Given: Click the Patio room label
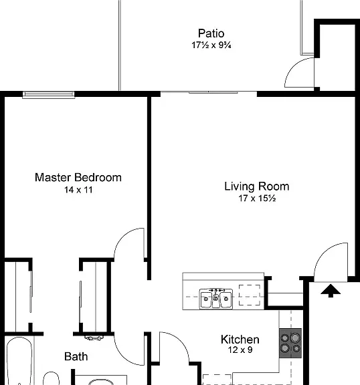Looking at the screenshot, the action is coord(211,33).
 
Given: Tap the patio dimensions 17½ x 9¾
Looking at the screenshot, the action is coord(211,45).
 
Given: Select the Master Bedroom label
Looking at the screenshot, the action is coord(78,178).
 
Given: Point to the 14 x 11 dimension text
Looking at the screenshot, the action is coord(78,190).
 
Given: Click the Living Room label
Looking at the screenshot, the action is coord(257,186).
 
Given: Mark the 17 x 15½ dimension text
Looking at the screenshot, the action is coord(257,198).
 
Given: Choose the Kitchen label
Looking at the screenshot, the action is coord(240,340).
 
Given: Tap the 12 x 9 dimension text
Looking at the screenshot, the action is coord(240,350).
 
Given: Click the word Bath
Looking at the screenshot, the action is coord(76,356).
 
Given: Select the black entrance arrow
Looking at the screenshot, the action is coord(331,291).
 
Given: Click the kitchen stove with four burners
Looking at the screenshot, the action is coord(290,343).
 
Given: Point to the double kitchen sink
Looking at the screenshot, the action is coord(215,299).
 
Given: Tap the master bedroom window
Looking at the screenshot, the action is coord(48,95).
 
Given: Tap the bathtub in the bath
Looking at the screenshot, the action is coord(19,361).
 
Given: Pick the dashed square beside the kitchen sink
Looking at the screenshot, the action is coord(250,295).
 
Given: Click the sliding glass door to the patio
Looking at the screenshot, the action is coord(209,92).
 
